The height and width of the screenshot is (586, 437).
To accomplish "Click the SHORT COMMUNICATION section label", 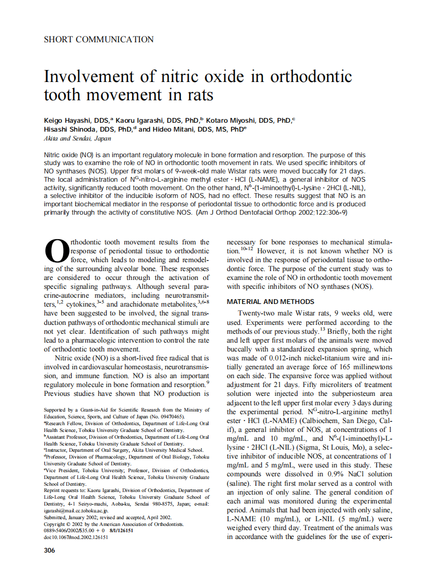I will tap(99, 39).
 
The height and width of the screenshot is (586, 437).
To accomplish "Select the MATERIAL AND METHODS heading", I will tap(271, 302).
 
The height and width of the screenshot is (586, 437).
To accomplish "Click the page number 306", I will tap(50, 550).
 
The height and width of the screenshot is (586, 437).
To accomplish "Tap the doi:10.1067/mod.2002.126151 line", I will tap(76, 536).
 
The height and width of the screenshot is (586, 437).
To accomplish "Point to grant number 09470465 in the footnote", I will tap(170, 417).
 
